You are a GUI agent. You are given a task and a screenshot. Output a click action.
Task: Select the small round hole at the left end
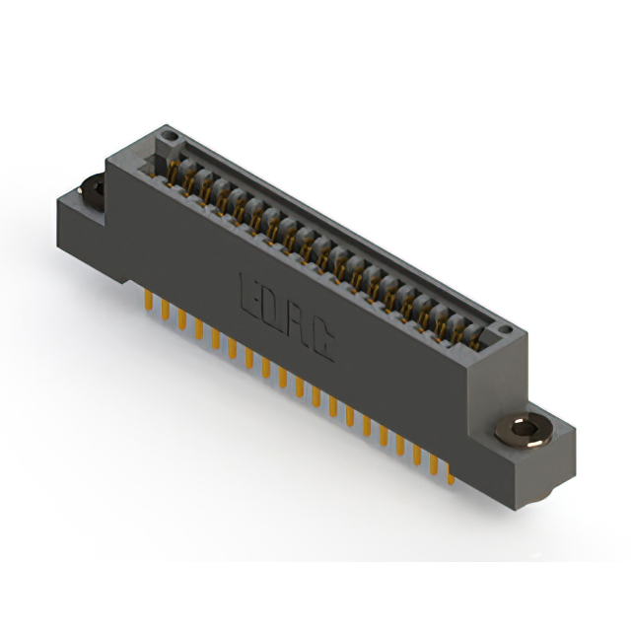[x=169, y=133]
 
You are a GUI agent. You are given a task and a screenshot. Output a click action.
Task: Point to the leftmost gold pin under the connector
[x=148, y=299]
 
